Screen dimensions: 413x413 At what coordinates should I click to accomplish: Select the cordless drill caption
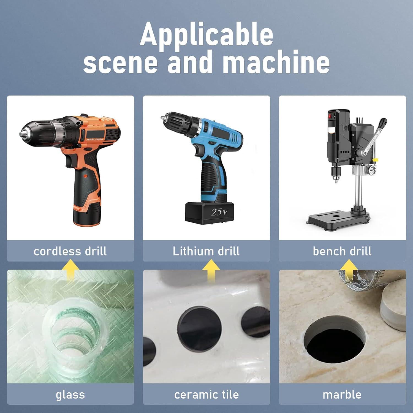(x=70, y=251)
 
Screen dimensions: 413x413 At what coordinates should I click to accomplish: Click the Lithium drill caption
(x=206, y=251)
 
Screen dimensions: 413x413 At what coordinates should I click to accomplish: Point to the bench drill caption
(x=342, y=251)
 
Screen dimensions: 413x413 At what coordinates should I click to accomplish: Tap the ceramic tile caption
(x=206, y=395)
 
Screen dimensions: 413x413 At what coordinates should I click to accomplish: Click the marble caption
(x=342, y=395)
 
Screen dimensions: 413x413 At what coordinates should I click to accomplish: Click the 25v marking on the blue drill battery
(x=219, y=212)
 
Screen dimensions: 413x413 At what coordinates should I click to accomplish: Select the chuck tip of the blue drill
(x=162, y=117)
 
